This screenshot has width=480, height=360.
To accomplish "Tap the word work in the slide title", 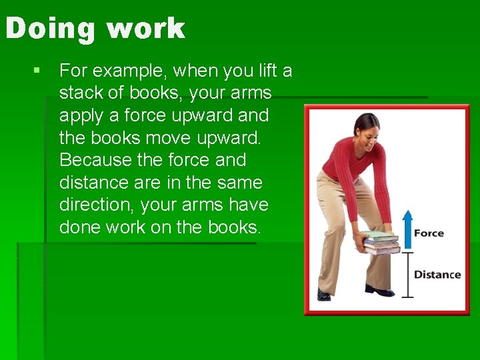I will coord(145,29).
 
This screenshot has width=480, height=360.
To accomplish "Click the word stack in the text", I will coord(81,93).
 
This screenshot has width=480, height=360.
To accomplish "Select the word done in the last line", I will coord(80,227).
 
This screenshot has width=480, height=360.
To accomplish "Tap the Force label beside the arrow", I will coord(429,233).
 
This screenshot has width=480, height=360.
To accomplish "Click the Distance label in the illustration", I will coord(437,275).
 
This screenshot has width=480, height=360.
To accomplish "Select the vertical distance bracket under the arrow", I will coord(407,274).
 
